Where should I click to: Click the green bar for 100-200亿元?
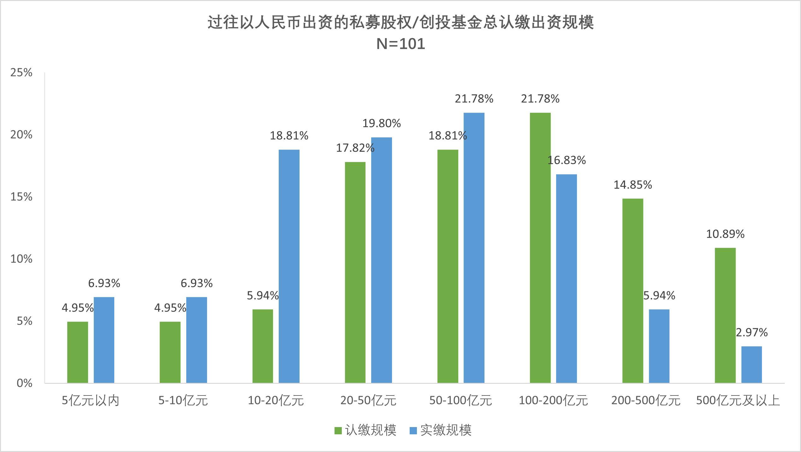point(540,248)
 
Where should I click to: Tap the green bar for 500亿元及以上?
point(725,315)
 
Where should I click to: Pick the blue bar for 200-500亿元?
point(659,346)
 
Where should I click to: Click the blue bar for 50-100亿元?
point(474,248)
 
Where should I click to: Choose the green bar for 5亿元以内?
point(78,352)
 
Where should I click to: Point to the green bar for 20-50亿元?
point(355,272)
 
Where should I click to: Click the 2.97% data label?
point(751,332)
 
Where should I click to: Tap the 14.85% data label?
point(632,185)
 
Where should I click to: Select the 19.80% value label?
point(381,123)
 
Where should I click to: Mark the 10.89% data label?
point(725,234)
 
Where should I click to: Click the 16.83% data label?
point(567,160)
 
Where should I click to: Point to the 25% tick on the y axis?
point(21,73)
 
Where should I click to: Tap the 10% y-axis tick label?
point(21,259)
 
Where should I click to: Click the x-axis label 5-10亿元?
point(183,401)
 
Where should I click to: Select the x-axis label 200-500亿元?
point(646,401)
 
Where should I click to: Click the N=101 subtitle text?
point(400,44)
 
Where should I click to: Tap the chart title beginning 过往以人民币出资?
point(400,22)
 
